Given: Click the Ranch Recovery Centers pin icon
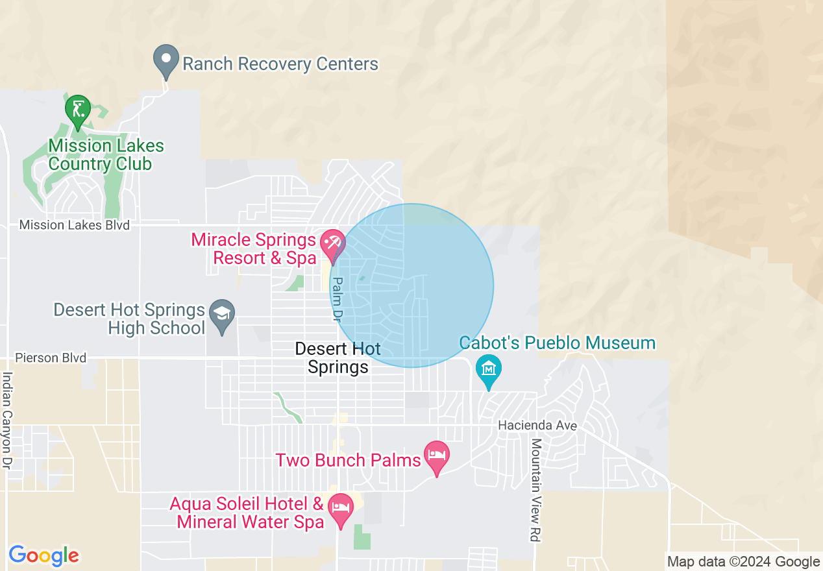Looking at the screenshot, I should [166, 60].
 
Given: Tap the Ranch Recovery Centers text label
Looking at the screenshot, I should [280, 64].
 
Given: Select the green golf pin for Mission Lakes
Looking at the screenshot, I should [77, 109].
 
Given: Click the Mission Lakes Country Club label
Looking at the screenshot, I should [106, 154].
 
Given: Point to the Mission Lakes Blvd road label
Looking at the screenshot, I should [75, 225].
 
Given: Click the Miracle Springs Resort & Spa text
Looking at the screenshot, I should [254, 249].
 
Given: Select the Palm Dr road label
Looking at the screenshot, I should [337, 300].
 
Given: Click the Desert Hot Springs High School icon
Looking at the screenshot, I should [223, 315].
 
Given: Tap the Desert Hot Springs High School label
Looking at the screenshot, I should [129, 319].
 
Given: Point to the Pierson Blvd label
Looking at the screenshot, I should [51, 358].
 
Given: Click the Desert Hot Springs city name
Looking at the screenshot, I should [338, 358].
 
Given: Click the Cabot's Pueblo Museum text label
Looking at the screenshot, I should [558, 343].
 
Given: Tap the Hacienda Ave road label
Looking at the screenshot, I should [537, 426].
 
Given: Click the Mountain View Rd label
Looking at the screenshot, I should [536, 490].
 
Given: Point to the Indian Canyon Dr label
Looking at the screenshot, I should [8, 420].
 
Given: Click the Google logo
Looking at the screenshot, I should [43, 555].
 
